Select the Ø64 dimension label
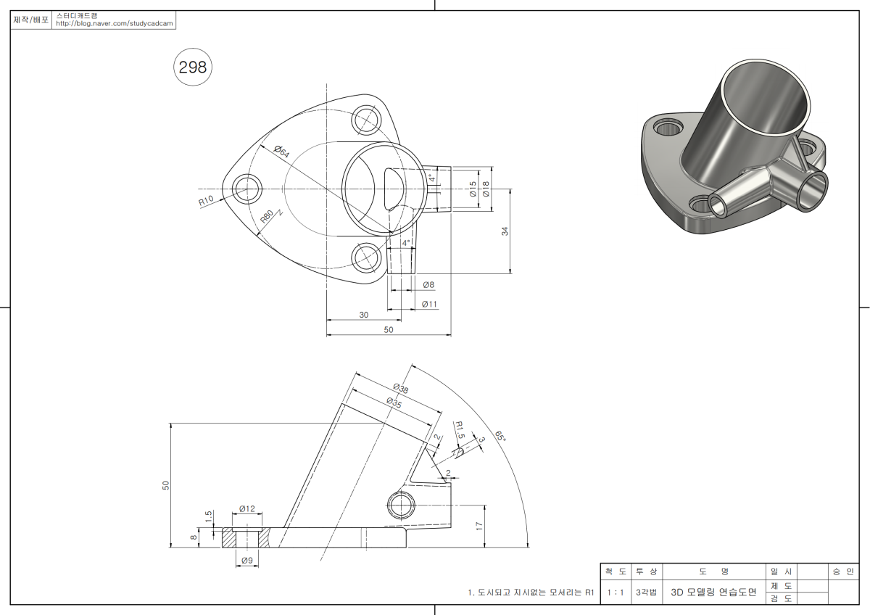[281, 152]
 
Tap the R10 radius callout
[207, 201]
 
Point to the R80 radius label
[268, 218]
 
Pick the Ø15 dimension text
[473, 189]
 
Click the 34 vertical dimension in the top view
[505, 231]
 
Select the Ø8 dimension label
[428, 285]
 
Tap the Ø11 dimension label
[430, 305]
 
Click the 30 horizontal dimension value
[364, 315]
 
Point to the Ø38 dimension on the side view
[400, 387]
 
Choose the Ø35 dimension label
[394, 403]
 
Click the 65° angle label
[500, 437]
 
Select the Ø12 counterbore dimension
[247, 509]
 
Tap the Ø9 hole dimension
[246, 561]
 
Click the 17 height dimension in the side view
[479, 527]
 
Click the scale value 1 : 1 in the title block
[616, 593]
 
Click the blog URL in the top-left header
[115, 24]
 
